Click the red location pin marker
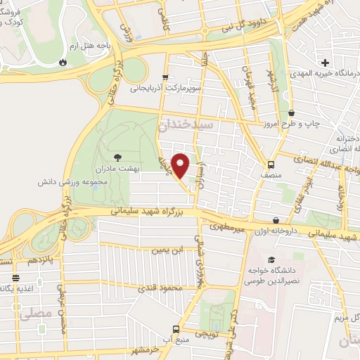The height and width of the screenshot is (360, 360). (x=181, y=166)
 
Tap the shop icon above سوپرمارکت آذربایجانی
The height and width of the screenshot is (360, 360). (x=165, y=77)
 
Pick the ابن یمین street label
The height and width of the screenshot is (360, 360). (x=167, y=249)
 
